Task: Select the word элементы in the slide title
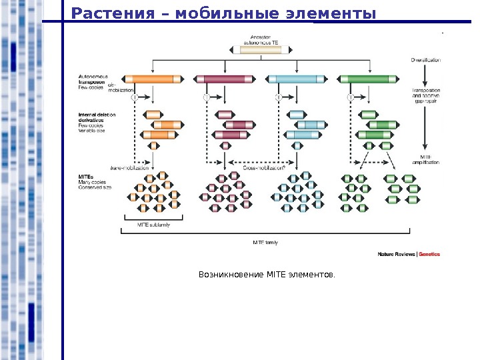point(333,13)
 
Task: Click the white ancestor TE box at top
point(266,49)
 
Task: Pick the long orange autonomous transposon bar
point(151,79)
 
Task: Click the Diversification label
point(426,61)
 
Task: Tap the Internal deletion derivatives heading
point(97,117)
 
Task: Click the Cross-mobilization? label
point(264,169)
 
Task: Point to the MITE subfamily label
point(154,225)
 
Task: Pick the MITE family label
point(265,242)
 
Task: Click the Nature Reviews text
point(396,254)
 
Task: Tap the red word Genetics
point(429,254)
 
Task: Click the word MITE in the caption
point(275,274)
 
